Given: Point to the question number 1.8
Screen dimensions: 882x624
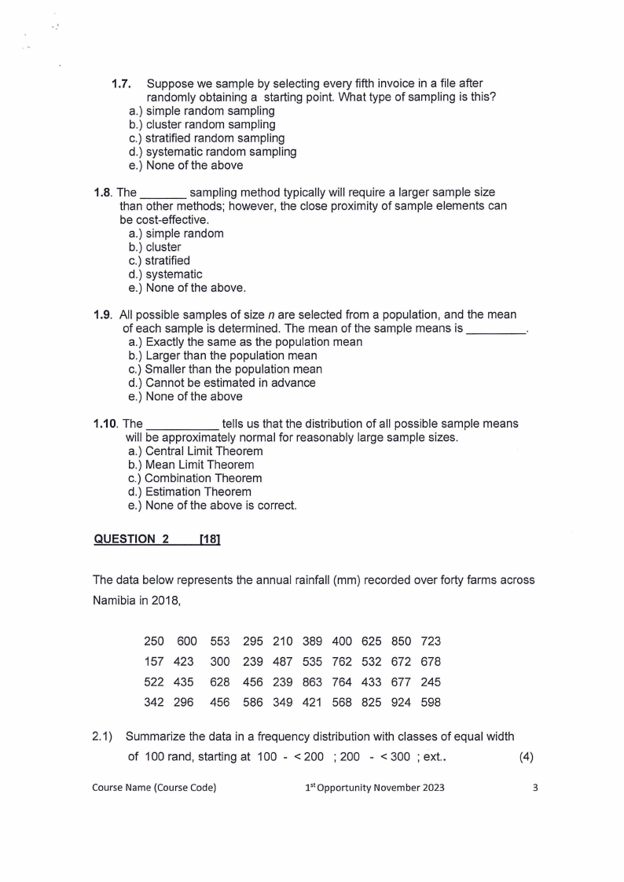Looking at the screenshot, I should pos(103,193).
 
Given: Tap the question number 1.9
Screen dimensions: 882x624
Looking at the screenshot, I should pos(103,314).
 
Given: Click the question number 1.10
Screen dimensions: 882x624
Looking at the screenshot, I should pos(106,424).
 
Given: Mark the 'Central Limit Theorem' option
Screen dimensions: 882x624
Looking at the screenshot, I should pos(204,451).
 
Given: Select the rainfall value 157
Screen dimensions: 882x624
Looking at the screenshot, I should pos(153,662).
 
